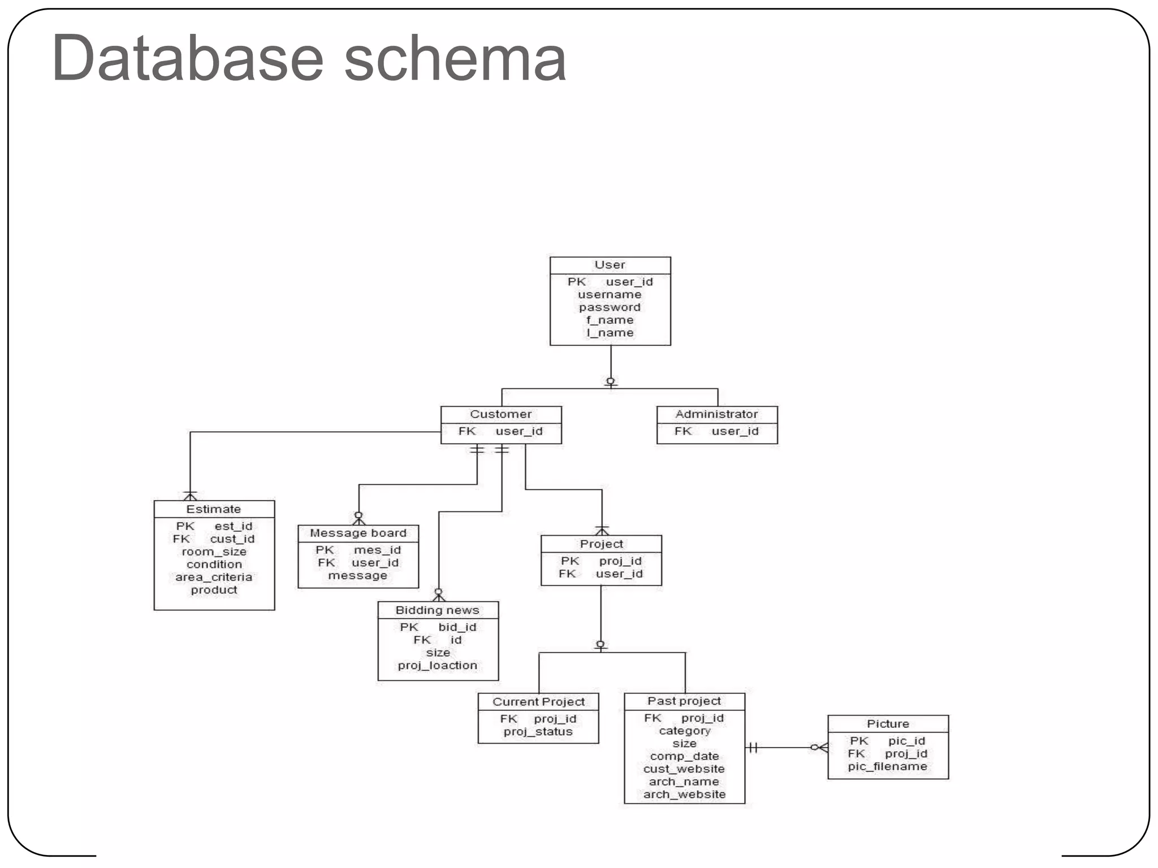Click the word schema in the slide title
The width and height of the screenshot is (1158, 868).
click(x=455, y=58)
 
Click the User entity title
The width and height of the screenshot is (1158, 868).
click(x=610, y=264)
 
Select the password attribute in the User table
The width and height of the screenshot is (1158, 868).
click(x=610, y=307)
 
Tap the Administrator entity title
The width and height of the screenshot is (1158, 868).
click(x=716, y=414)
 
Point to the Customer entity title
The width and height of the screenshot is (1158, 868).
click(x=501, y=414)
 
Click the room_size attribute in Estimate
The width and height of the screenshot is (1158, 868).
click(x=214, y=552)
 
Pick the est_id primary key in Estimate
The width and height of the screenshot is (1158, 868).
click(x=233, y=526)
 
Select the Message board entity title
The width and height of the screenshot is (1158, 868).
click(x=358, y=533)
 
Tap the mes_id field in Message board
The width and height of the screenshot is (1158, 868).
click(x=377, y=550)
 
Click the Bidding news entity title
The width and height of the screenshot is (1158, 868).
click(x=437, y=610)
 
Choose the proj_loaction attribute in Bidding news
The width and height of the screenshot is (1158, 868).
click(x=437, y=665)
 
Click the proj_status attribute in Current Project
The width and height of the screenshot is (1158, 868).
click(x=538, y=731)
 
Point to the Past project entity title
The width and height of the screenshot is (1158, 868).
click(x=684, y=701)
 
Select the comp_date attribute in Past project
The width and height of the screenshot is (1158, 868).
click(x=684, y=756)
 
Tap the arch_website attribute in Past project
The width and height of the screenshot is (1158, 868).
click(x=684, y=794)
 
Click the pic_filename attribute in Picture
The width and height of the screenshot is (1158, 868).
click(x=887, y=766)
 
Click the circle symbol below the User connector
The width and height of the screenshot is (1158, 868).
click(x=611, y=381)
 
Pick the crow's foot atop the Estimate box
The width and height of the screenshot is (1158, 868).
click(x=190, y=496)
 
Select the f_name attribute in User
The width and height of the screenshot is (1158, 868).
click(x=610, y=320)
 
